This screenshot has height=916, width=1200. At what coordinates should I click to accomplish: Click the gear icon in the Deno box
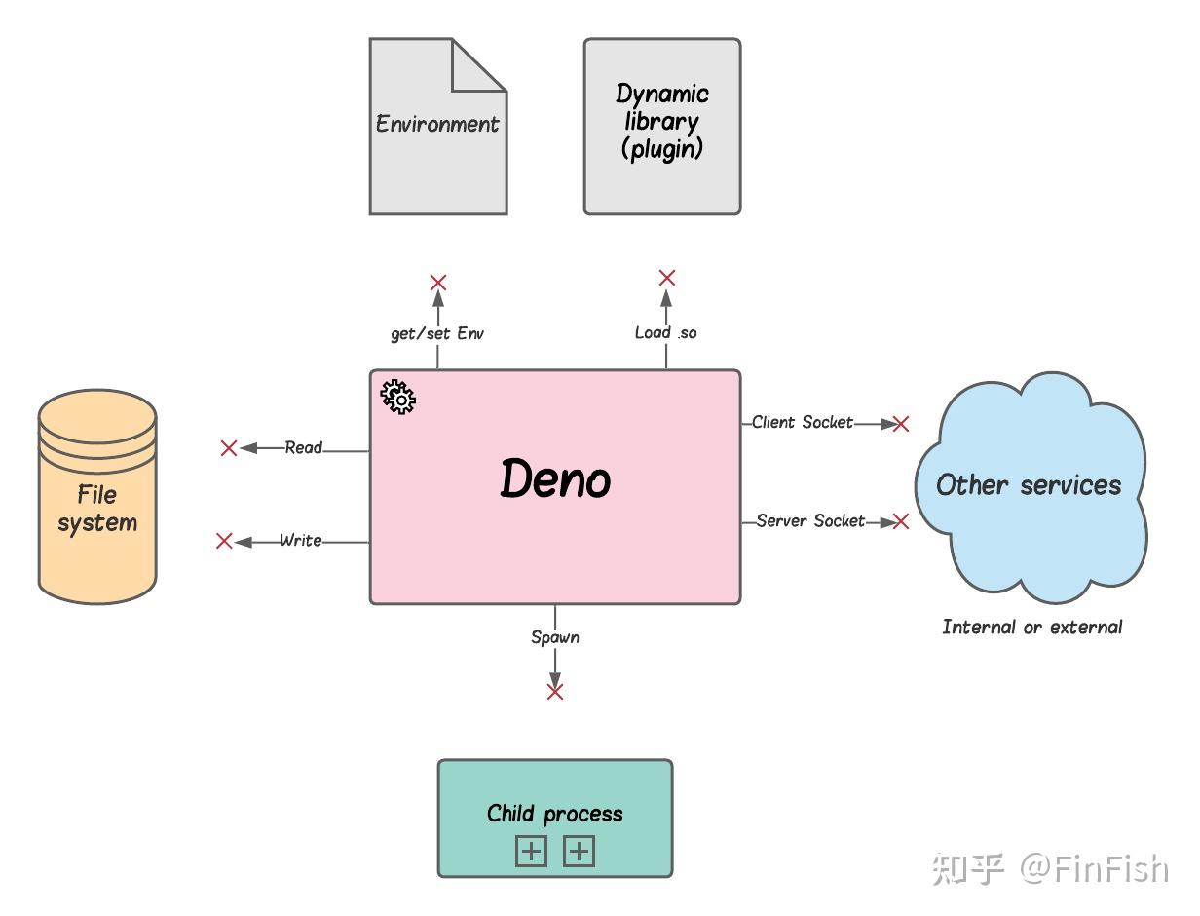397,397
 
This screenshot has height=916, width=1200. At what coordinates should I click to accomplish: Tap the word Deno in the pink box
555,478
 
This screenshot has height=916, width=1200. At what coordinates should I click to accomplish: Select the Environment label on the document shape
437,124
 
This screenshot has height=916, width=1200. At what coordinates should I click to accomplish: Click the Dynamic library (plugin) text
662,122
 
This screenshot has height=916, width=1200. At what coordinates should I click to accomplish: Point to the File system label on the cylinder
97,509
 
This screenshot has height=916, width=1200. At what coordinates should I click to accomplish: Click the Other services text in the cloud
1029,485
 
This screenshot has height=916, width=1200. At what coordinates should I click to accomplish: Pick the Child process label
555,814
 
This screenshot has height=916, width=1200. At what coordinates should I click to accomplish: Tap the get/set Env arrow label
437,333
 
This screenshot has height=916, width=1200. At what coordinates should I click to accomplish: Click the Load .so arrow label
666,332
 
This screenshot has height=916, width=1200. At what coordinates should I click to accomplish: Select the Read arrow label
304,448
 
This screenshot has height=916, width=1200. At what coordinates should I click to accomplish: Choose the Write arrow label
301,540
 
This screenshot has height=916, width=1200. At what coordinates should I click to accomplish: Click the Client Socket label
802,422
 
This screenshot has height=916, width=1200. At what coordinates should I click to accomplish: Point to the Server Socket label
810,520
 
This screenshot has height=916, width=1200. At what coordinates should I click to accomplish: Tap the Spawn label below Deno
555,637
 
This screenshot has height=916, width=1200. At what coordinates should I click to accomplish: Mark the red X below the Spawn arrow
555,692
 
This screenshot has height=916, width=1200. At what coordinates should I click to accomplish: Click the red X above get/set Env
438,283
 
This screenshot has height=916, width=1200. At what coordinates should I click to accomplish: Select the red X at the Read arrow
229,448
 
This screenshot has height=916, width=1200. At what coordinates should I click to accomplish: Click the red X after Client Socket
900,423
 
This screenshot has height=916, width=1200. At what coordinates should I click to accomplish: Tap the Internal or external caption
1032,627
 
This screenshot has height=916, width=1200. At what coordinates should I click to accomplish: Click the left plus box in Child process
531,852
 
